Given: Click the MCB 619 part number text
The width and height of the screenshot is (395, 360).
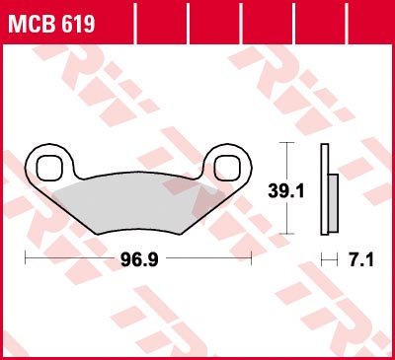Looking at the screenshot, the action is click(51, 24).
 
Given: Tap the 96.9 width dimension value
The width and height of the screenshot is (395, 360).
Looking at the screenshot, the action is click(139, 259).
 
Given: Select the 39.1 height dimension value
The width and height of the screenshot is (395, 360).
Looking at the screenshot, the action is click(286, 191).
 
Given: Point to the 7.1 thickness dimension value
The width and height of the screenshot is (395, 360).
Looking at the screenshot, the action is click(361, 260).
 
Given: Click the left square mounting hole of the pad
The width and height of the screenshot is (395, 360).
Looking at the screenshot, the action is click(49, 168).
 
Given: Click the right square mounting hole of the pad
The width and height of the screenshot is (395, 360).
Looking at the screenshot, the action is click(226, 168).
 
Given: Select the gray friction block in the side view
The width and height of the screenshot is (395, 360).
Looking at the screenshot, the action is click(333, 203).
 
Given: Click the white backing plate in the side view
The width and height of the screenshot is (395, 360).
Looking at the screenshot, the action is click(325, 189).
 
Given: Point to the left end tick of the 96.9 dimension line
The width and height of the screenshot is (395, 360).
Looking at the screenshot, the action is click(26, 257).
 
